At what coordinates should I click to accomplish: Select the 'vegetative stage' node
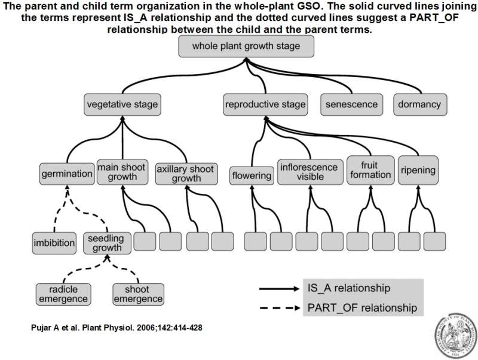click(x=122, y=104)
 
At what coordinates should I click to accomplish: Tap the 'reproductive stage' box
click(x=265, y=104)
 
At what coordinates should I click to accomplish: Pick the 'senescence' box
click(x=352, y=104)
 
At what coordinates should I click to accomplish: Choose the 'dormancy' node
click(x=419, y=104)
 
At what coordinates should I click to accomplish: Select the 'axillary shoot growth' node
click(x=186, y=173)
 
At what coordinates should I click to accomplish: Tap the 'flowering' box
click(x=251, y=175)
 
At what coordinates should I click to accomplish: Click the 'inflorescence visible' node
click(x=310, y=171)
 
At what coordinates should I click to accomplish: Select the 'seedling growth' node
click(x=106, y=242)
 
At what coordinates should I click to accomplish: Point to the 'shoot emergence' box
click(x=138, y=294)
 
